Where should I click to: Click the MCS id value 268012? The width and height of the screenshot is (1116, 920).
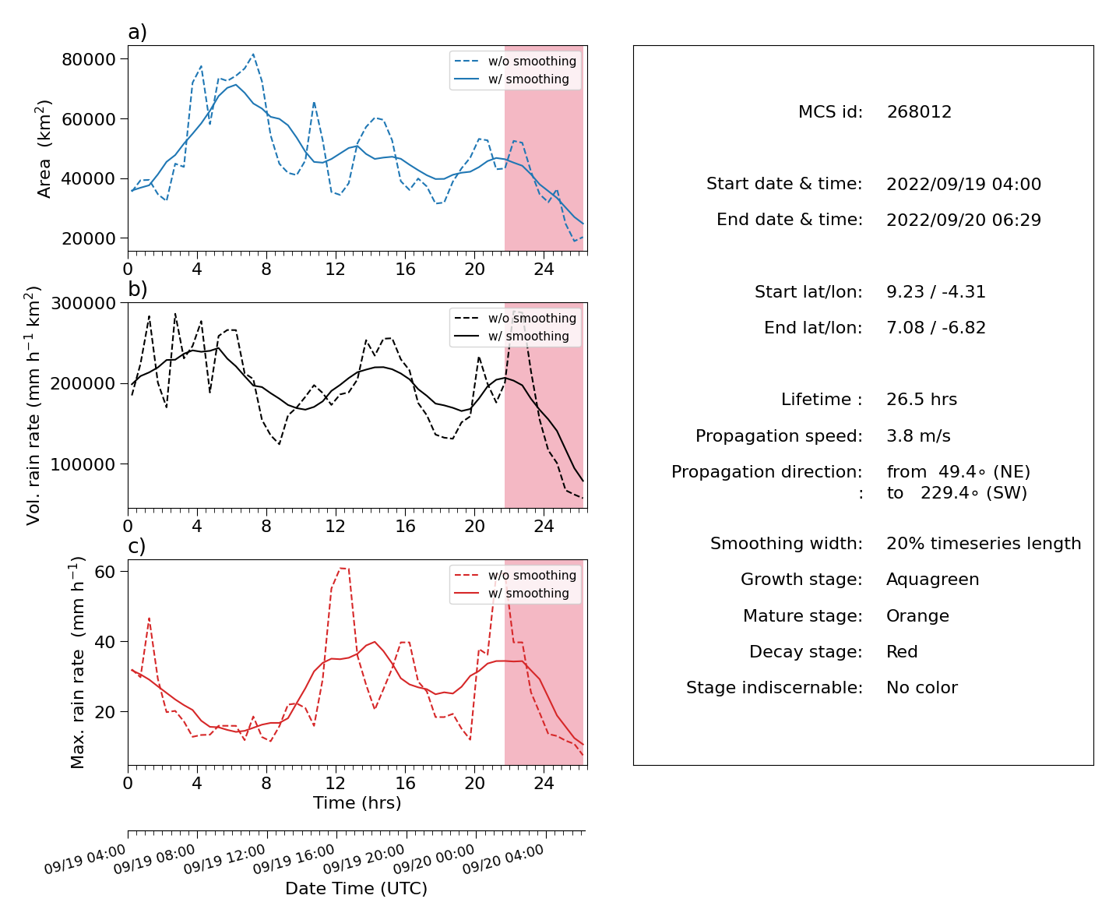(x=919, y=111)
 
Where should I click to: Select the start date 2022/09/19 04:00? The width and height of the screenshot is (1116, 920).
(x=963, y=184)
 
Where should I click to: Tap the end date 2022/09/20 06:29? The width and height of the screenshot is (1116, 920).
(x=963, y=220)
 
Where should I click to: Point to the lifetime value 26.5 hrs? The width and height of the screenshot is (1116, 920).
(x=921, y=400)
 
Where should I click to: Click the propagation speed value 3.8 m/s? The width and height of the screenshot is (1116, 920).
(x=918, y=435)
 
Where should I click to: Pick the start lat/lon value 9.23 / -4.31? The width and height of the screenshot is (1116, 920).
(x=935, y=291)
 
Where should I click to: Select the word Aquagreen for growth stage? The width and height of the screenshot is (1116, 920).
(x=932, y=580)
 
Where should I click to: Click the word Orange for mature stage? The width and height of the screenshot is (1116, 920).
(x=917, y=616)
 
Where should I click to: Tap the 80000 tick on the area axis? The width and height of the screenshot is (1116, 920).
(x=89, y=58)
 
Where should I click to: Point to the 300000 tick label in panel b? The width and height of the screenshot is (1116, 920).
(x=83, y=303)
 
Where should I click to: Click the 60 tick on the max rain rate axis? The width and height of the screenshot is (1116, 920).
(x=105, y=572)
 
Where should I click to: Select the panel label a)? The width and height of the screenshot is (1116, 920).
(x=137, y=32)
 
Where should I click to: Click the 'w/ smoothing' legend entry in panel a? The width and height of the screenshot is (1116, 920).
(x=528, y=79)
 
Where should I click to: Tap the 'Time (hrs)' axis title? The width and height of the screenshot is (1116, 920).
(x=357, y=802)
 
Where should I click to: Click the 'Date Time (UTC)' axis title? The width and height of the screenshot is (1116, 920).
(x=356, y=888)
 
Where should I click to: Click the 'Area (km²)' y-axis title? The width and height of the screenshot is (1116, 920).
(x=43, y=149)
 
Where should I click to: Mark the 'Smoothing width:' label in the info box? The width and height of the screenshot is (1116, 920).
(x=787, y=544)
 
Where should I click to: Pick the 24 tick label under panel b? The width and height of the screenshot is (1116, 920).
(x=544, y=526)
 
